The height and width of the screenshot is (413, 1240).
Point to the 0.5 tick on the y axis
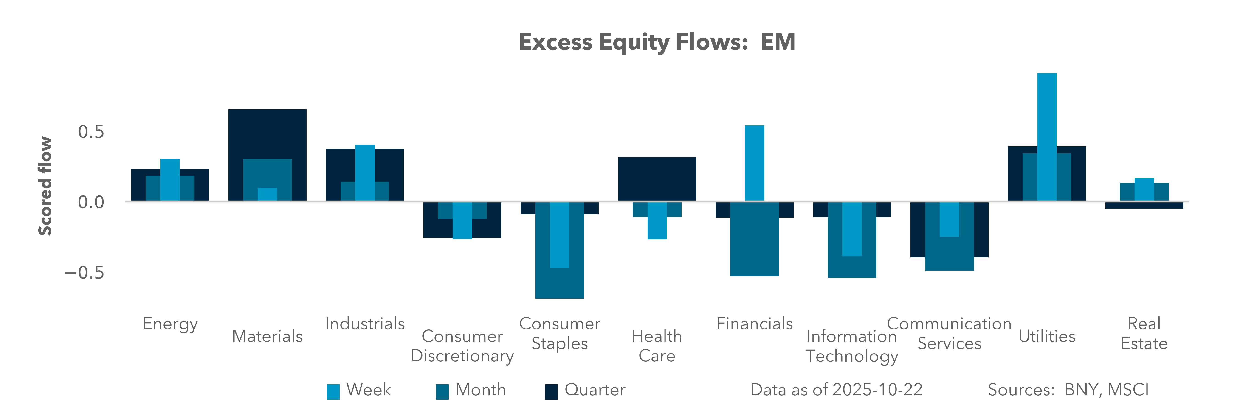coord(91,132)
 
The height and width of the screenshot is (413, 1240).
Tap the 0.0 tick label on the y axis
coord(91,202)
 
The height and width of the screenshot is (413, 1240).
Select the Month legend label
coord(480,389)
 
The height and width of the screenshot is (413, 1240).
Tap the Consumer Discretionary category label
coord(462,346)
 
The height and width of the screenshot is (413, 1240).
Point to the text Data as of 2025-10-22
coord(836,389)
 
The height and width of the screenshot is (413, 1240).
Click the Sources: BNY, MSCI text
coord(1068,389)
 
